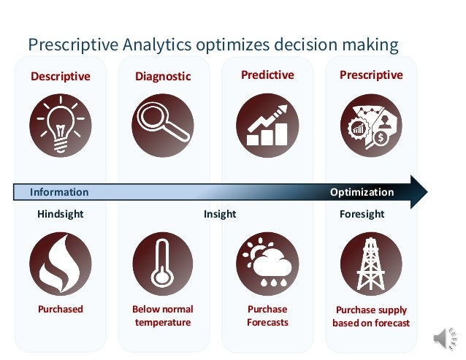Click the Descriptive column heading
click(61, 77)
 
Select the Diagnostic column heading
click(163, 77)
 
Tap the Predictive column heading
click(267, 75)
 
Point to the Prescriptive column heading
click(371, 75)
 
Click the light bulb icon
click(61, 125)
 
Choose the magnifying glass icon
click(163, 125)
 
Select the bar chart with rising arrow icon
click(267, 125)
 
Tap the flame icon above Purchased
click(61, 263)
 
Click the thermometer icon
click(163, 263)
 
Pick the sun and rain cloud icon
click(267, 263)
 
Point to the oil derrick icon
click(371, 263)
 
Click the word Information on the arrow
click(59, 192)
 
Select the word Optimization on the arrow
click(362, 192)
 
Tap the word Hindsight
click(61, 215)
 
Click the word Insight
click(220, 215)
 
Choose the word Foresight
click(362, 215)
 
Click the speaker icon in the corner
click(443, 337)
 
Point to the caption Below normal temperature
click(163, 315)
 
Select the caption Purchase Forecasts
click(267, 315)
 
